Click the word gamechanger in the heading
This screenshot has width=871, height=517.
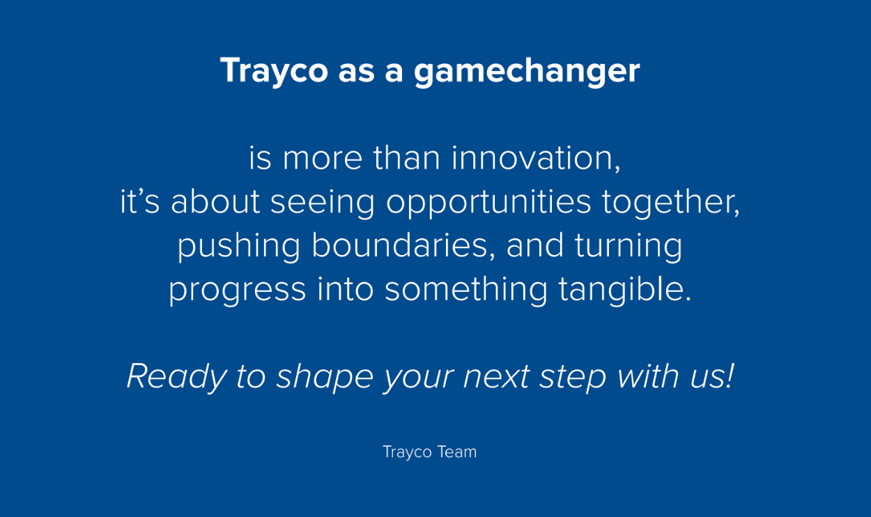(x=527, y=72)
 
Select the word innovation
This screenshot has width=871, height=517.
(x=536, y=158)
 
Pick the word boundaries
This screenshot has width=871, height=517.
(x=403, y=246)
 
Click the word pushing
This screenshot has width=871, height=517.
(x=239, y=247)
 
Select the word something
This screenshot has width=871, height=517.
(x=466, y=291)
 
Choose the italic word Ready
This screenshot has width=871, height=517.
(x=176, y=377)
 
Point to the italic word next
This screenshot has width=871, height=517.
(x=496, y=377)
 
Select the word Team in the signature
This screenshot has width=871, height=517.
(x=457, y=452)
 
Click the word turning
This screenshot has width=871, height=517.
(x=629, y=247)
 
